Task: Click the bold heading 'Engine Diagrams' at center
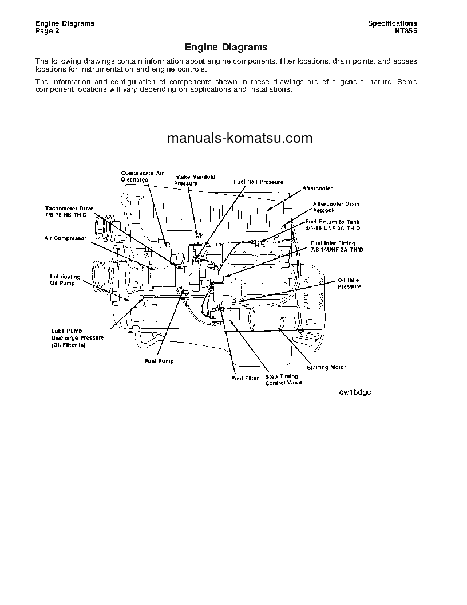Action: pyautogui.click(x=226, y=47)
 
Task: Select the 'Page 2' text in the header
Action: pyautogui.click(x=48, y=31)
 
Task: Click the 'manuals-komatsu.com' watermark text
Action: pyautogui.click(x=240, y=138)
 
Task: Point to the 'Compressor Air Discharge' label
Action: pyautogui.click(x=142, y=176)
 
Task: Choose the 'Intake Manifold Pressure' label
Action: pyautogui.click(x=194, y=180)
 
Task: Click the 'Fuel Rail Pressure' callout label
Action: pyautogui.click(x=258, y=182)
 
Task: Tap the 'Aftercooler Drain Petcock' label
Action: pyautogui.click(x=336, y=207)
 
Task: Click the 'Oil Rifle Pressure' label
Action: pyautogui.click(x=349, y=283)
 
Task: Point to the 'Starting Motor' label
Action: pyautogui.click(x=326, y=367)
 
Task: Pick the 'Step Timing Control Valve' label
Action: pyautogui.click(x=283, y=380)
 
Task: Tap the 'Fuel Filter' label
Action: pyautogui.click(x=245, y=379)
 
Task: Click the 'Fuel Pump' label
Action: pyautogui.click(x=159, y=361)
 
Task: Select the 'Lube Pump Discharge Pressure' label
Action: pyautogui.click(x=77, y=338)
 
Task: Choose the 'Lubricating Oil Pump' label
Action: pyautogui.click(x=65, y=280)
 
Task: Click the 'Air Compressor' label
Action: pyautogui.click(x=65, y=238)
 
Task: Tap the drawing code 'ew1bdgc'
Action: pyautogui.click(x=355, y=392)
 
